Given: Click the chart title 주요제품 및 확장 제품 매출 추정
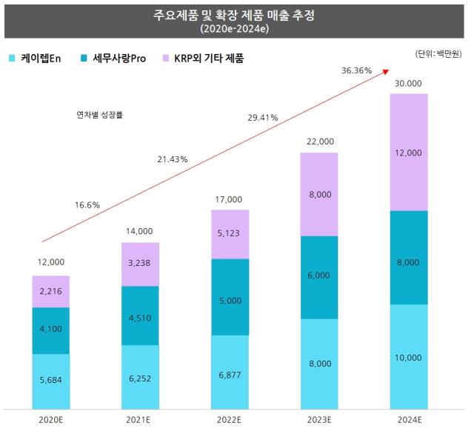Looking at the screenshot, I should [236, 16].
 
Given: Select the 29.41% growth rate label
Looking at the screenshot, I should [263, 117].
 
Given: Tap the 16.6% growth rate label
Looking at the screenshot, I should [87, 204].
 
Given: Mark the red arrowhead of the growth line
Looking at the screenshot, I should [385, 70].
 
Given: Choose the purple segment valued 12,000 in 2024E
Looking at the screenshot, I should [409, 153].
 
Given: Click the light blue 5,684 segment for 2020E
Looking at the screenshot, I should [50, 381].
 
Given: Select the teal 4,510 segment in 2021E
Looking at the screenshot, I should [140, 316].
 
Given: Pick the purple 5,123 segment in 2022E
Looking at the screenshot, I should [230, 234].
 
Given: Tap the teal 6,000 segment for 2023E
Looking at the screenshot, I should [319, 277].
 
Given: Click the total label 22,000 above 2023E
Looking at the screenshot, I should [319, 141].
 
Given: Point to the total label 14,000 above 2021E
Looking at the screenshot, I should [140, 231].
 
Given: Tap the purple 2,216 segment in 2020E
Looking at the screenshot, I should [50, 292].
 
